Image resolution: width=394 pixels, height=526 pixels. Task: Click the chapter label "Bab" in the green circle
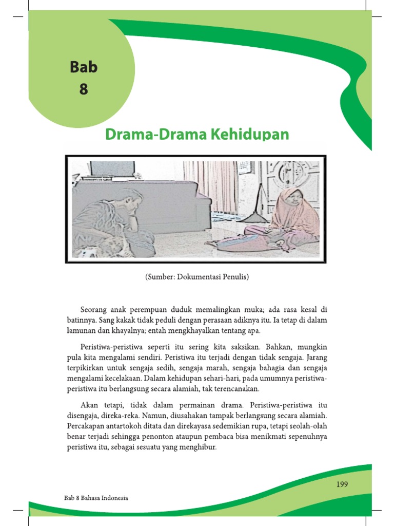tap(83, 67)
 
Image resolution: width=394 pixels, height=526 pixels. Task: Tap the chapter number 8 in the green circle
tap(83, 89)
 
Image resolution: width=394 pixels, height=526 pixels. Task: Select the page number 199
tap(342, 484)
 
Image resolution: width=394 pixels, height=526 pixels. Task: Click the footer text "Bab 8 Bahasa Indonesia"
tap(96, 498)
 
